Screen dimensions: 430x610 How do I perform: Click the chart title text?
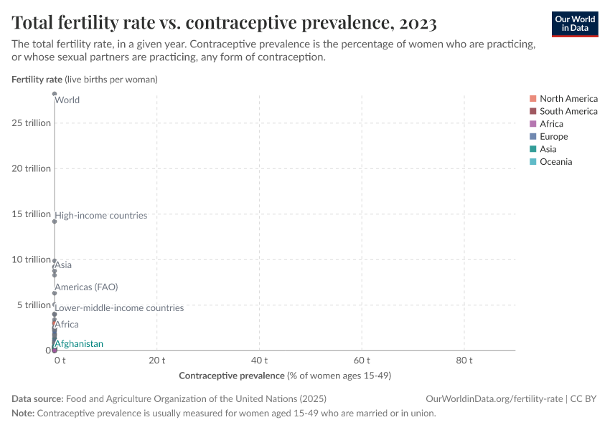[224, 23]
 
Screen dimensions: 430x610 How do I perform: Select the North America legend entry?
[568, 98]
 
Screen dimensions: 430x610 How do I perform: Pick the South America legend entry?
[568, 111]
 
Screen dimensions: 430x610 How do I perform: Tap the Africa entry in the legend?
[551, 124]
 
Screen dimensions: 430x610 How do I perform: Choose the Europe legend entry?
[553, 136]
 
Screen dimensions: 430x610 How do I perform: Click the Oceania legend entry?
[555, 162]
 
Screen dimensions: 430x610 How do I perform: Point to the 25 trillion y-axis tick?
[31, 123]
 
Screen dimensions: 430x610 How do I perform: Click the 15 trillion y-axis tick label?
[31, 214]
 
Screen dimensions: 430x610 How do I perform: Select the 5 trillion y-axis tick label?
[33, 305]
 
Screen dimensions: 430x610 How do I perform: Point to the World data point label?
[67, 100]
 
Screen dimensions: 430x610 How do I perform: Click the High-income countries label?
[101, 215]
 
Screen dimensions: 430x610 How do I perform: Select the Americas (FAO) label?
[86, 287]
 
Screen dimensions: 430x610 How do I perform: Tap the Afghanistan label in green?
[79, 344]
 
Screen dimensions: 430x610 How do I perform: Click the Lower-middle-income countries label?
[119, 308]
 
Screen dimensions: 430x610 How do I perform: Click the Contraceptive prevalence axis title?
[284, 376]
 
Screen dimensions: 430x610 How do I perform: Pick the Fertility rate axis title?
[85, 80]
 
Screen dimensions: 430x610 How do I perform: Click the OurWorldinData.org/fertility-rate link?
[494, 398]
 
